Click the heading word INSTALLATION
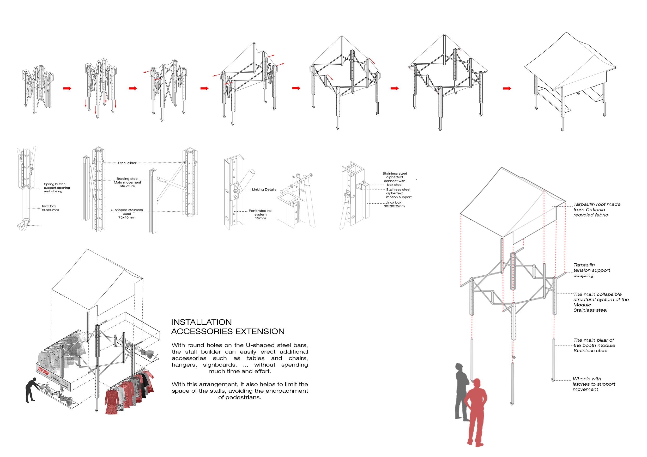click(201, 322)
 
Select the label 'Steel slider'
click(127, 163)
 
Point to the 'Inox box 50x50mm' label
click(50, 208)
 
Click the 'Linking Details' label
click(264, 189)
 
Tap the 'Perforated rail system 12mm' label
click(260, 214)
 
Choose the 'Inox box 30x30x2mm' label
click(394, 205)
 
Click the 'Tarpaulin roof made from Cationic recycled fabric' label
click(597, 209)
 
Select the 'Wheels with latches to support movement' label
click(594, 384)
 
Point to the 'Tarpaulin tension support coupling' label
click(591, 270)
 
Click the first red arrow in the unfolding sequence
click(67, 88)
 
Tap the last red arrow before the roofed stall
click(507, 88)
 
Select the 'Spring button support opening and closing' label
click(57, 188)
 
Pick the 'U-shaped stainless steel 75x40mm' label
click(127, 214)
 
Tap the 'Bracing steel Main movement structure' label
click(127, 182)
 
